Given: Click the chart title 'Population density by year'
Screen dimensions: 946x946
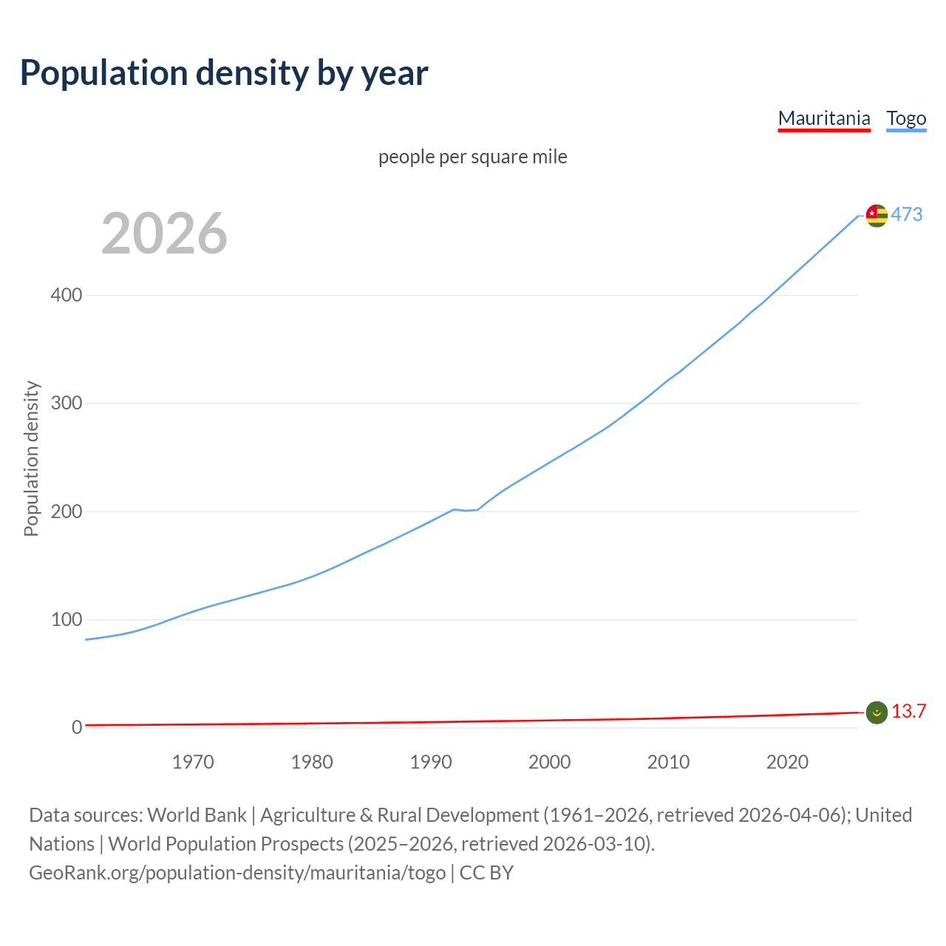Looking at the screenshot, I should click(x=224, y=73).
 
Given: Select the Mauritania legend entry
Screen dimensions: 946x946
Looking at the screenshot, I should click(x=824, y=118).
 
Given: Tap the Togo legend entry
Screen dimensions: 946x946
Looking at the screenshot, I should click(x=906, y=118).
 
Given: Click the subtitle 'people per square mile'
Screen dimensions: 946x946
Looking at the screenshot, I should click(x=472, y=157).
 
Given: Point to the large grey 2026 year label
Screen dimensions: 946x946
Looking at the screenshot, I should click(x=164, y=234).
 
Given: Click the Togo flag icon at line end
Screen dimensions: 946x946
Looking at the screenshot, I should click(x=877, y=215).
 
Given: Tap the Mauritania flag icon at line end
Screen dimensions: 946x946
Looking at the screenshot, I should click(x=877, y=712).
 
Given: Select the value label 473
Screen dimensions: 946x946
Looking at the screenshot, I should click(x=907, y=214).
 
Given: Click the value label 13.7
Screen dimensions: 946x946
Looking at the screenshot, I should click(x=908, y=711).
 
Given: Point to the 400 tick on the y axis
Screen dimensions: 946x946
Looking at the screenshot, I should click(x=67, y=295).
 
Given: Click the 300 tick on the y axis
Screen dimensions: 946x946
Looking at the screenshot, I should click(x=67, y=403).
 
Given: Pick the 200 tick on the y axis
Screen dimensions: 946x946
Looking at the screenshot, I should click(x=67, y=511).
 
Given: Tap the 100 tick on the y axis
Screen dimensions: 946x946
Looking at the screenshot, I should click(x=67, y=619).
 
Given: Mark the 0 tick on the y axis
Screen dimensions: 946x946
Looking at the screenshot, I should click(x=77, y=727).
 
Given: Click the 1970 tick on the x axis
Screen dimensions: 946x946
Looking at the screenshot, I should click(x=193, y=762).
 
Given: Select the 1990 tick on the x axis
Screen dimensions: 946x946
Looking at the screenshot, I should click(x=431, y=762).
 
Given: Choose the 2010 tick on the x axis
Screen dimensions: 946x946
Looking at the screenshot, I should click(x=668, y=762).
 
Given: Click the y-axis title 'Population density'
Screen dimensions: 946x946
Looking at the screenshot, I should click(x=31, y=458).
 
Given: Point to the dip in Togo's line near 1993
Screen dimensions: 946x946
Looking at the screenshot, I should click(x=466, y=510).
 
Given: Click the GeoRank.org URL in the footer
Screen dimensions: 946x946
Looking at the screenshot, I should click(x=237, y=873).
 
